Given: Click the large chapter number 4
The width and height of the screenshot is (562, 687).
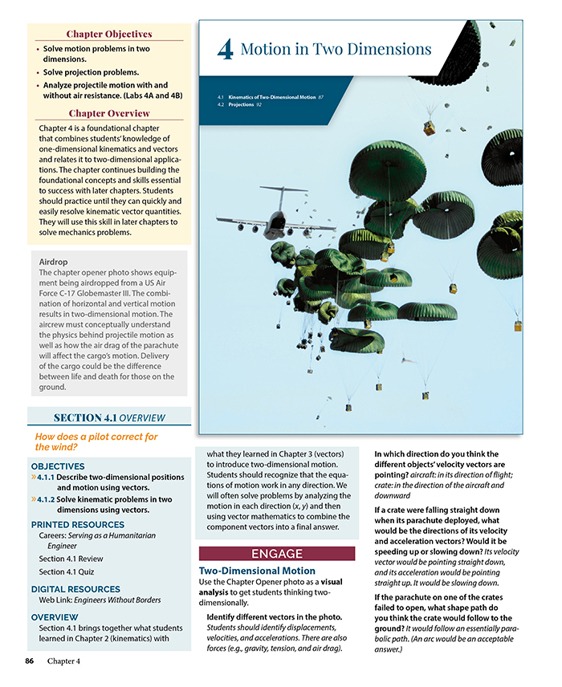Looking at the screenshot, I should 225,51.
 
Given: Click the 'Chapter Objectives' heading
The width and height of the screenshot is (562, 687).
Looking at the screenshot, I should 108,34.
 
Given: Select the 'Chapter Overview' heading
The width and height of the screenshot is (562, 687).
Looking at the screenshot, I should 108,113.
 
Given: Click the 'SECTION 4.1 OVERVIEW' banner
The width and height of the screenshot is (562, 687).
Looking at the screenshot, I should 108,417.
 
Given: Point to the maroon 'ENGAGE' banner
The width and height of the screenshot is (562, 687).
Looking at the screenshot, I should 276,554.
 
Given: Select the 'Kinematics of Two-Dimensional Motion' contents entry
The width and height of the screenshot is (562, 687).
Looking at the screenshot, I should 273,97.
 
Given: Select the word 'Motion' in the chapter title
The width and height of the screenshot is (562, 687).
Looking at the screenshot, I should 267,50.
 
